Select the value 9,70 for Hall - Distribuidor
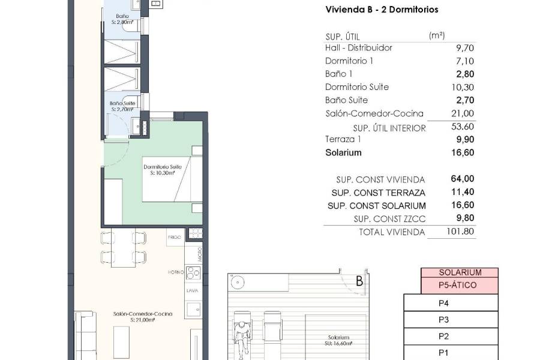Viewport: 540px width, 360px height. point(466,47)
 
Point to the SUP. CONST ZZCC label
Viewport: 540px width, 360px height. point(389,218)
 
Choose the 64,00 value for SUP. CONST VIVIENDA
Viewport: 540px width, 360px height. point(463,179)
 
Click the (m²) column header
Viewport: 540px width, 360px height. point(437,35)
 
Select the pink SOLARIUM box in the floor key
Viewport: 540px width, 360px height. point(460,272)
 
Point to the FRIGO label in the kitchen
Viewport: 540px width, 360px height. point(175,238)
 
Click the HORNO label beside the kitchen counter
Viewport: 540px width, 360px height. point(175,272)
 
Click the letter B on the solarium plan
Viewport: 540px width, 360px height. point(359,280)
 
